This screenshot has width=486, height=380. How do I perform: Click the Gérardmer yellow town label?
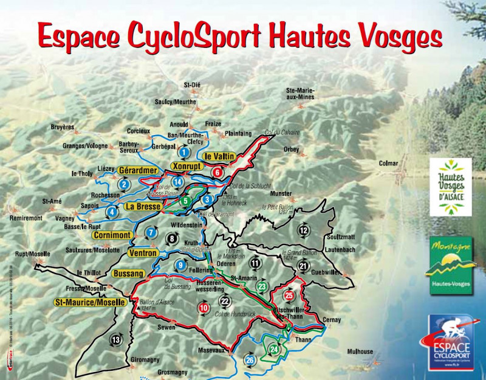pyautogui.click(x=138, y=170)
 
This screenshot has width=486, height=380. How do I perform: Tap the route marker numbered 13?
pyautogui.click(x=116, y=339)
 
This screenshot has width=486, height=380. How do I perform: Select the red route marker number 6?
pyautogui.click(x=217, y=172)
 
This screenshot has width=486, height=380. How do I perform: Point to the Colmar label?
pyautogui.click(x=388, y=163)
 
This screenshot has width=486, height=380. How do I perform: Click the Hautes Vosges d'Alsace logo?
pyautogui.click(x=451, y=187)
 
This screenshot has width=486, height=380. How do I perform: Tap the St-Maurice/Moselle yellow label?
pyautogui.click(x=90, y=302)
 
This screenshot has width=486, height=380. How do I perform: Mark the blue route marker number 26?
pyautogui.click(x=250, y=361)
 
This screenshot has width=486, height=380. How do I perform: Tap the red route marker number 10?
pyautogui.click(x=204, y=308)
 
